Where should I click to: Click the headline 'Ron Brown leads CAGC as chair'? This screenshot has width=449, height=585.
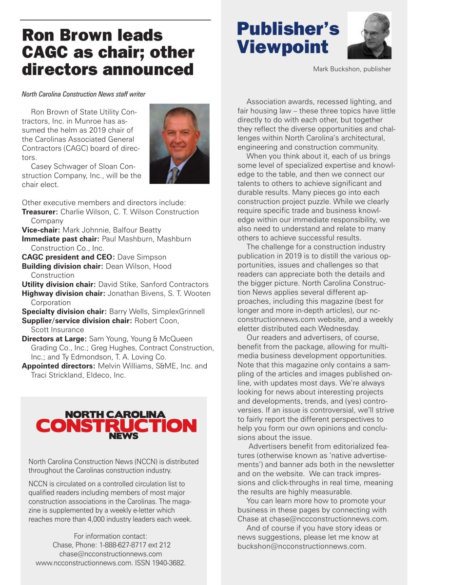tap(108, 52)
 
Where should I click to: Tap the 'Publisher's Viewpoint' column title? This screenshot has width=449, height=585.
tap(288, 38)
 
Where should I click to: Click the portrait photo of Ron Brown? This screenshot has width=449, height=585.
tap(179, 143)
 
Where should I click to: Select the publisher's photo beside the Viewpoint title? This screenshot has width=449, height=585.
tap(369, 36)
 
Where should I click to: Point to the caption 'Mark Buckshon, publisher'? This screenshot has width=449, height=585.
tap(351, 69)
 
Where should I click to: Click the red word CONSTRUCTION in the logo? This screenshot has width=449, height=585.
tap(116, 426)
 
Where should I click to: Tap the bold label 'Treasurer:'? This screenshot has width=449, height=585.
tap(40, 212)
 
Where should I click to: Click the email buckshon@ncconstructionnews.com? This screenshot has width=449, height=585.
tap(301, 546)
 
